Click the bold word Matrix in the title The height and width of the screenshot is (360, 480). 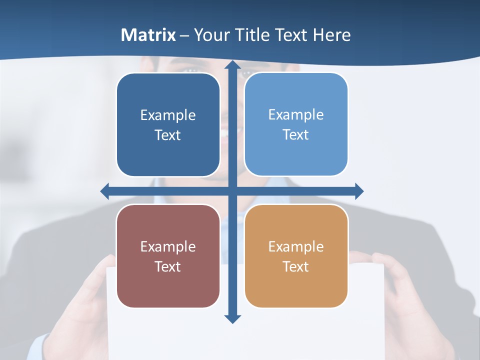[148, 35]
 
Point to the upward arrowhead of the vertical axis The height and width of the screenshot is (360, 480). [232, 65]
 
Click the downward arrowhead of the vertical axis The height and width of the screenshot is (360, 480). [232, 318]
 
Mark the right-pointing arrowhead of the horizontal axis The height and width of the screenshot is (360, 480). [358, 191]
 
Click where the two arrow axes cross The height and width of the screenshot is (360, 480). [232, 191]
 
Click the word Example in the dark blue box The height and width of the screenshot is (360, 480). [168, 115]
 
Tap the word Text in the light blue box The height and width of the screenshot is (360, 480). [296, 135]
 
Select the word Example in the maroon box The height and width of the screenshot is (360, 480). [168, 247]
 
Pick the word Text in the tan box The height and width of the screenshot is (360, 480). [296, 267]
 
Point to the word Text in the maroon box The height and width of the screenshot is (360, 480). [168, 267]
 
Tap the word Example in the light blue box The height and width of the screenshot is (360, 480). [296, 115]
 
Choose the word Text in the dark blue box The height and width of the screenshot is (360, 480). [168, 135]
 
